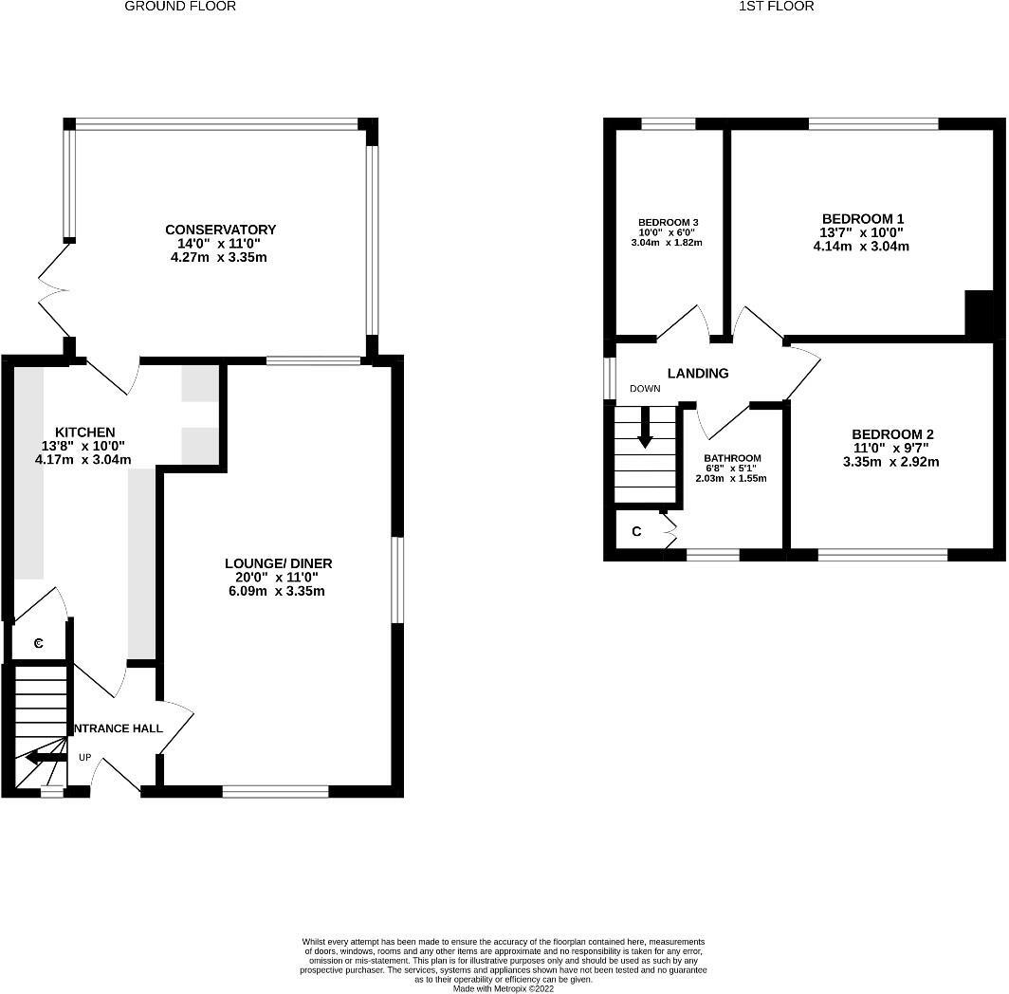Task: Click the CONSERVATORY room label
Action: [x=220, y=230]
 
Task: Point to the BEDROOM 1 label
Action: [x=862, y=217]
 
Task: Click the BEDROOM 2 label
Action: [x=890, y=434]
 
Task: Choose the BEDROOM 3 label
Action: [x=668, y=222]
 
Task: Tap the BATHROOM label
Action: [x=731, y=458]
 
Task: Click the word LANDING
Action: [x=698, y=373]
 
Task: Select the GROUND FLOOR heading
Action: [x=180, y=7]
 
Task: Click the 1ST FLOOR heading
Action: [x=776, y=7]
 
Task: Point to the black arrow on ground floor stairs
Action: [x=45, y=757]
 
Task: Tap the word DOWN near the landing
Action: [x=645, y=389]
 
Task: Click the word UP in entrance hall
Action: [x=84, y=758]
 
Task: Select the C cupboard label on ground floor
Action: [x=39, y=644]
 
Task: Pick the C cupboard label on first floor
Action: [x=636, y=532]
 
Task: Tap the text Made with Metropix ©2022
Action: [x=503, y=988]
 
